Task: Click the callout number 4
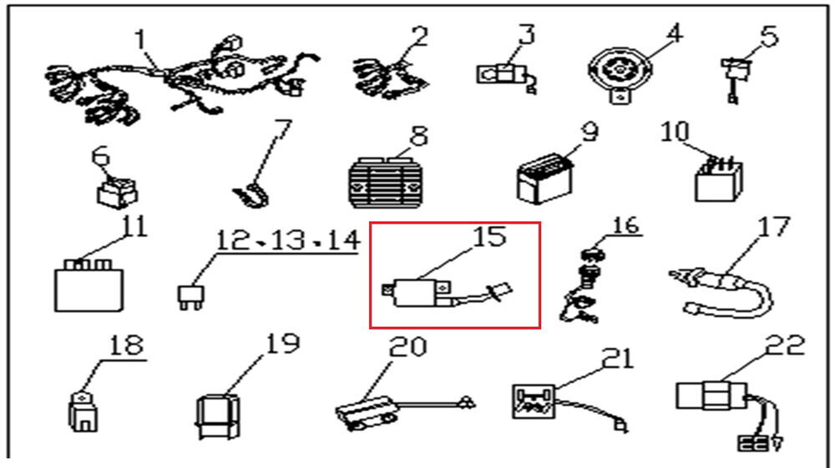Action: coord(674,33)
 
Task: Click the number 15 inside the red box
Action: coord(489,237)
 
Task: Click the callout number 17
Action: coord(773,227)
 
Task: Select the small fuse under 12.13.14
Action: coord(190,298)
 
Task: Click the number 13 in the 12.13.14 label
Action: coord(287,240)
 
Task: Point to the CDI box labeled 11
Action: coord(89,285)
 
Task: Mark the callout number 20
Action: coord(408,347)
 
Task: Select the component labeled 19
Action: coord(218,416)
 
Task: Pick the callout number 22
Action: coord(785,345)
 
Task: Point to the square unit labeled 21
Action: coord(534,402)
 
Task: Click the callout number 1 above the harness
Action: coord(140,39)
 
